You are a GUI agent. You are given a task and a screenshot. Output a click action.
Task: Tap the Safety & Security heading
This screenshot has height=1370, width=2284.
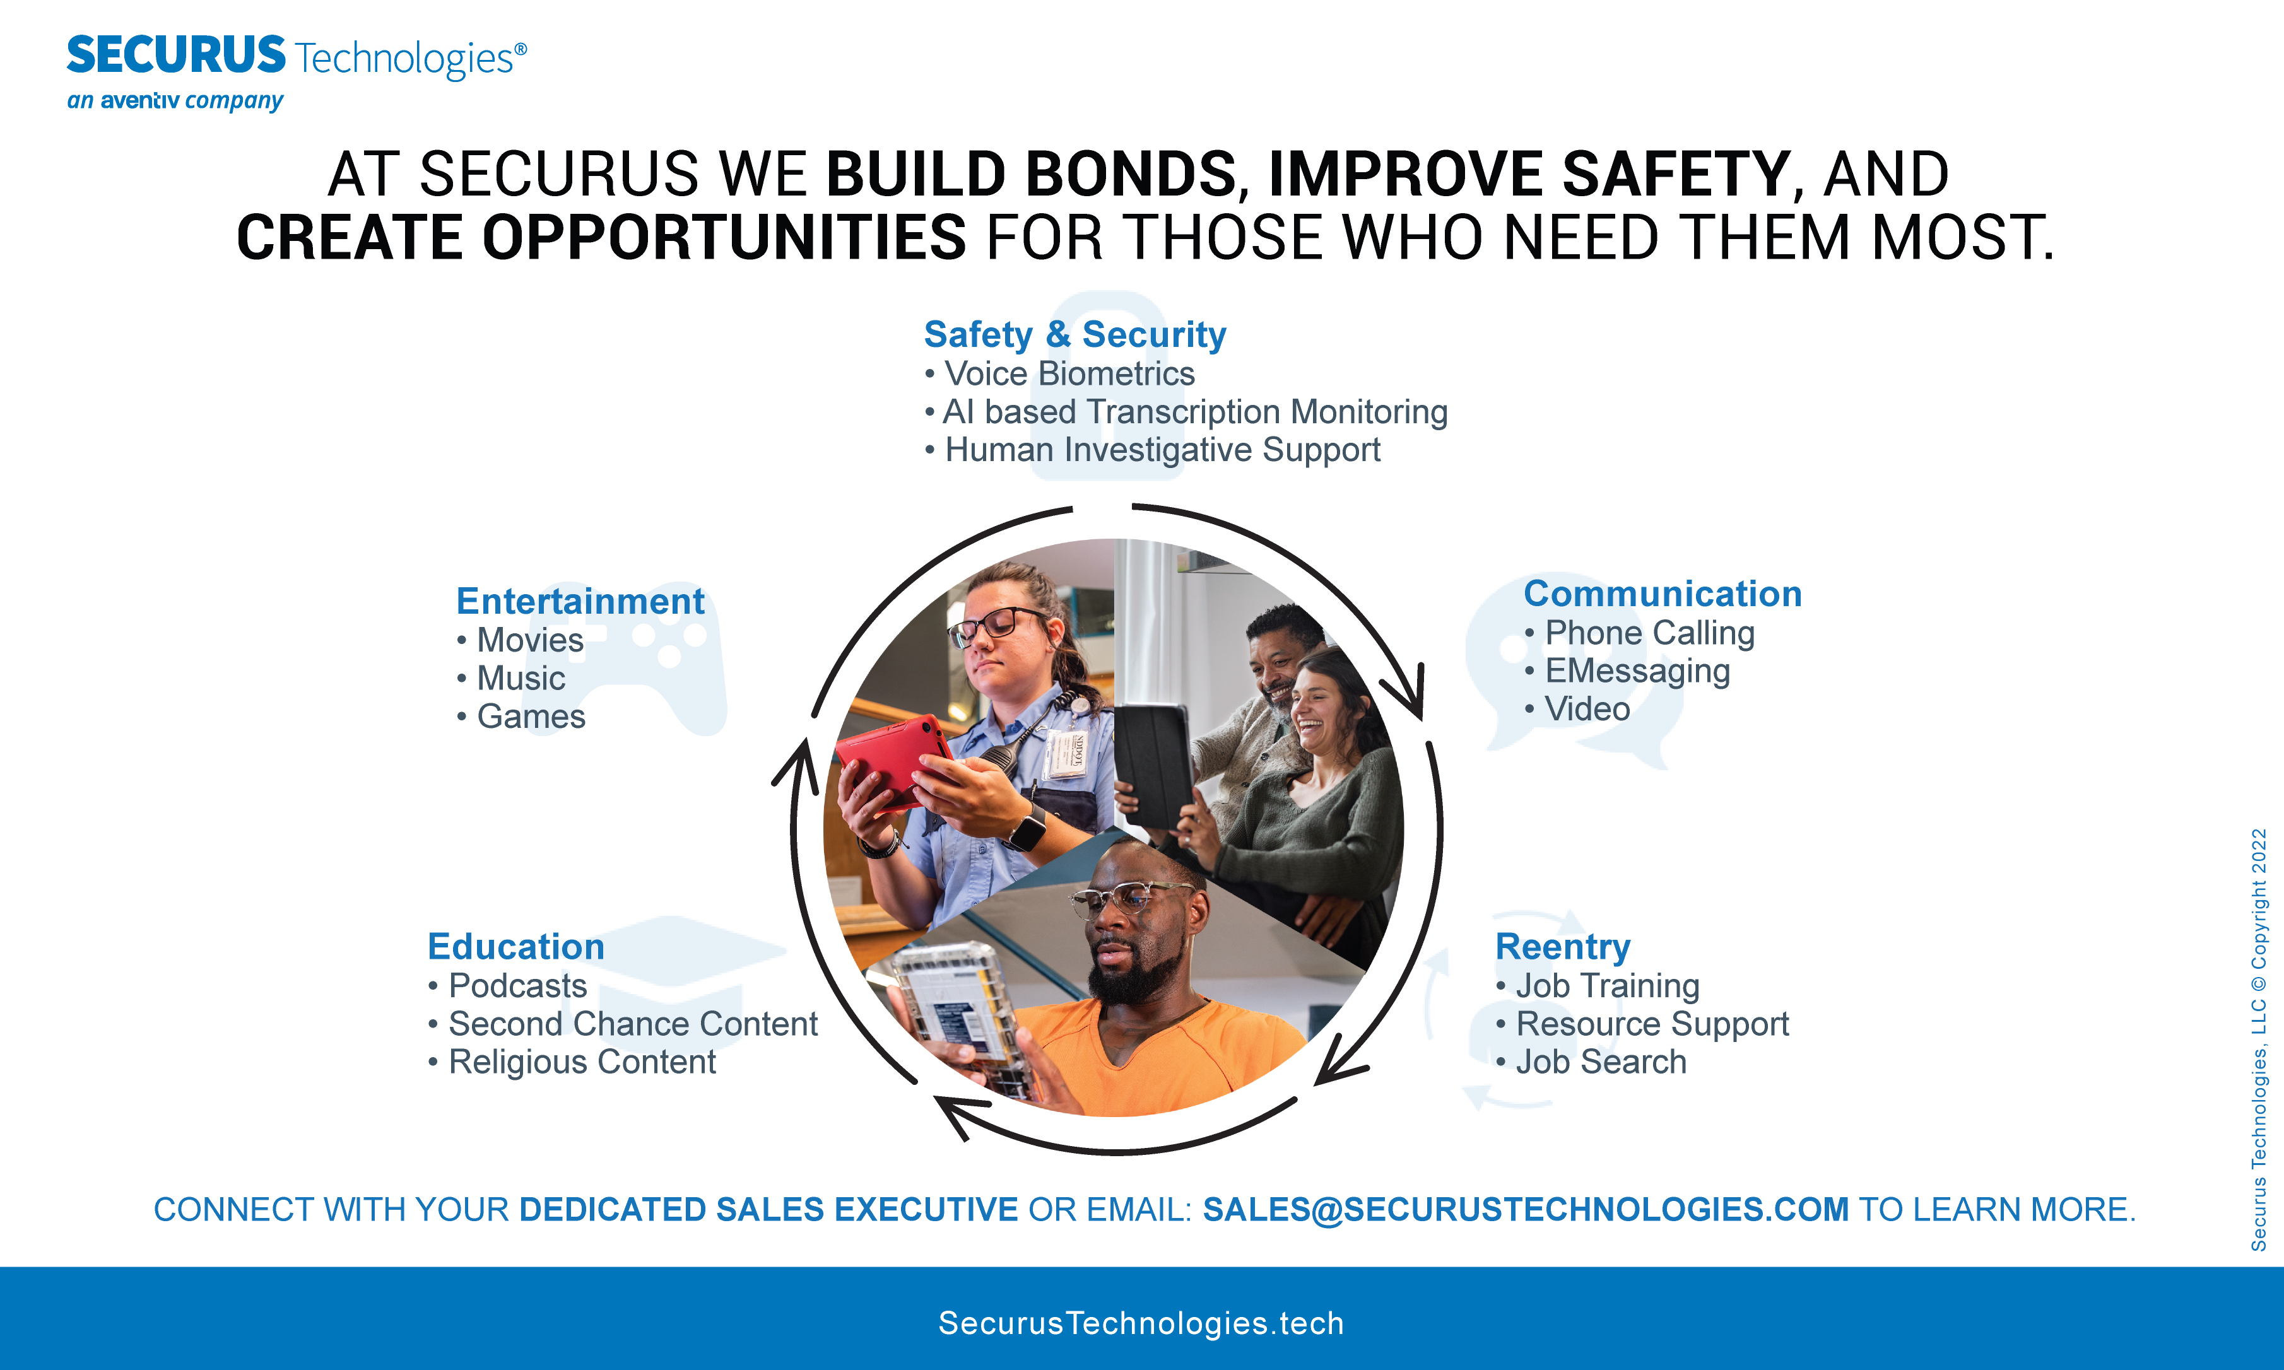[x=1074, y=334]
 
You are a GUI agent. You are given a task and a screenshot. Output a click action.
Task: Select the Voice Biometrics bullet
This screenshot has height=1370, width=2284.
[x=1060, y=374]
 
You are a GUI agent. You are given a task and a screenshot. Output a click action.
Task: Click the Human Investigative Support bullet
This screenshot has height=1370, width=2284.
[x=1152, y=450]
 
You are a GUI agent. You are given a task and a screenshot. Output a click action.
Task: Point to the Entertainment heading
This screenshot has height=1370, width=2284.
[x=580, y=601]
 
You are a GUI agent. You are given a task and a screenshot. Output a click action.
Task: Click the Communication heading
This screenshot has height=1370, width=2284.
[x=1662, y=594]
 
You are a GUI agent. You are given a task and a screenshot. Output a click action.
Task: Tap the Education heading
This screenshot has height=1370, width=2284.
[x=516, y=946]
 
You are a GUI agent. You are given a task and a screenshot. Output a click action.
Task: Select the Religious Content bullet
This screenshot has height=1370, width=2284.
[x=572, y=1063]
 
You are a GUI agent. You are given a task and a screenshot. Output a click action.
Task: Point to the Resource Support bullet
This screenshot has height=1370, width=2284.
[x=1642, y=1024]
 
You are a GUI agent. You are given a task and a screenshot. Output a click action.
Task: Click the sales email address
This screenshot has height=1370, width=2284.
[x=1525, y=1209]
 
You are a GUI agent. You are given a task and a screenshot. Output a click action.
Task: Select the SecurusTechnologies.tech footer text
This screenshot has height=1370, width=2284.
[x=1141, y=1323]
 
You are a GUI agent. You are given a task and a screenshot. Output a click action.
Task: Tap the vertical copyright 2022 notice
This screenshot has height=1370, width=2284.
[x=2258, y=1039]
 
